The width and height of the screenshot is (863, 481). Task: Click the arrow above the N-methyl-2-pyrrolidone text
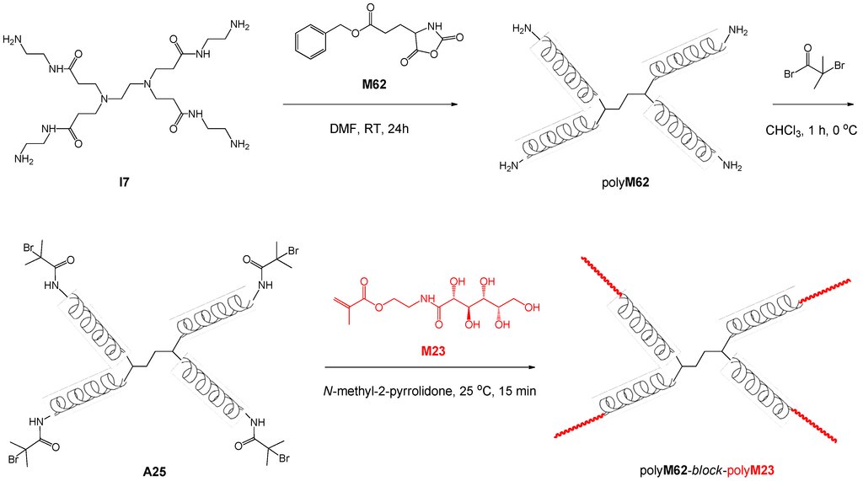pos(430,368)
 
